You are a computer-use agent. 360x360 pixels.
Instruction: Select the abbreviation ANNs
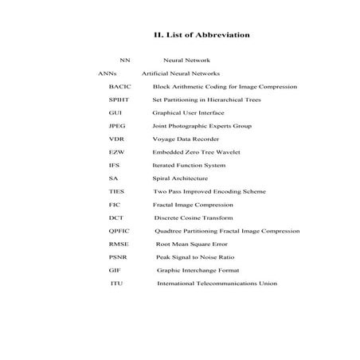(x=108, y=73)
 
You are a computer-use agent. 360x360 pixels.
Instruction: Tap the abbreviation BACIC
(x=120, y=86)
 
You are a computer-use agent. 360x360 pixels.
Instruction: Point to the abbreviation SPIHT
(x=119, y=100)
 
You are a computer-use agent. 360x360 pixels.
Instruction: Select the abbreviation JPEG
(x=117, y=126)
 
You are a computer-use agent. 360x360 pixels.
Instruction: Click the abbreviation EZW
(x=116, y=152)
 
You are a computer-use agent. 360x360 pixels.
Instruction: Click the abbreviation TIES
(x=116, y=191)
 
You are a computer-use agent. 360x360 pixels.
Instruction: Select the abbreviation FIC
(x=115, y=205)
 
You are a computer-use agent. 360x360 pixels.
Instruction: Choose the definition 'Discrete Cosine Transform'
(x=194, y=217)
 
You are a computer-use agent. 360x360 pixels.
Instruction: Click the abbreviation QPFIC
(x=119, y=231)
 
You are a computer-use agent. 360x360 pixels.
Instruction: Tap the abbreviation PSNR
(x=118, y=257)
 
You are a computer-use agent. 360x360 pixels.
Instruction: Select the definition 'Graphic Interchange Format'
(x=199, y=270)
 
